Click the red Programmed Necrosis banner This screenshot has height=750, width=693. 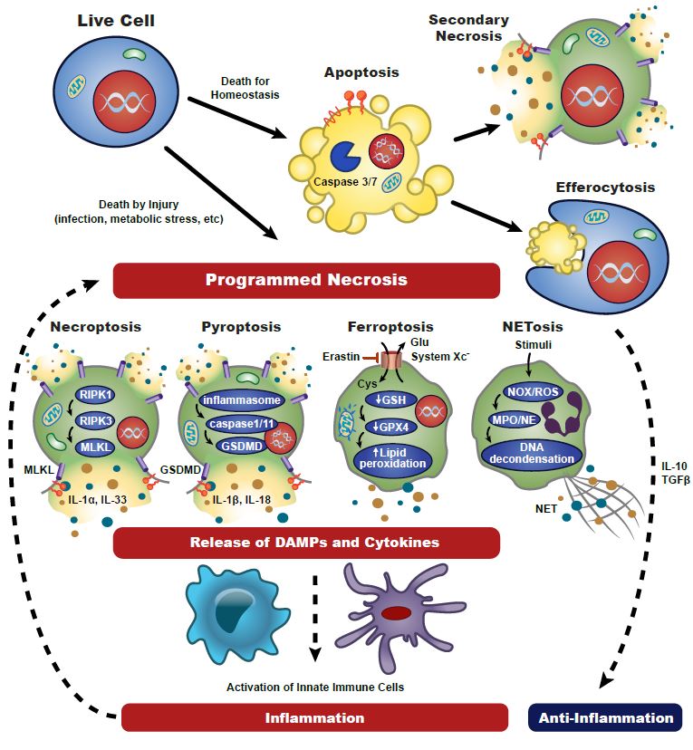306,280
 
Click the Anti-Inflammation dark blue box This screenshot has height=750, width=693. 606,718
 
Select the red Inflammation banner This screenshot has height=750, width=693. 313,718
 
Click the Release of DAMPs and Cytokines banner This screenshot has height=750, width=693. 306,543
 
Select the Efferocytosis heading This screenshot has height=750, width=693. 606,187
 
